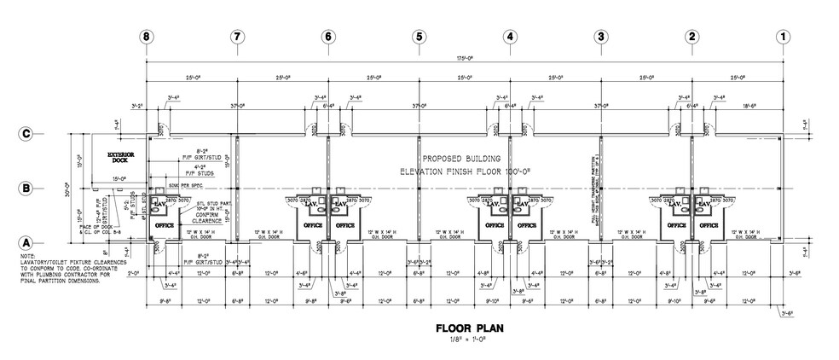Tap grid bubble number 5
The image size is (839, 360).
(x=419, y=37)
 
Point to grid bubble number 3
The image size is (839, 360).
(x=601, y=37)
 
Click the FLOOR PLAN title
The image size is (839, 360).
(x=465, y=328)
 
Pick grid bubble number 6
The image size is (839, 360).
(x=327, y=37)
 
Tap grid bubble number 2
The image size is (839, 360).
(x=691, y=37)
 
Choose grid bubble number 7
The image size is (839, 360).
(x=237, y=37)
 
